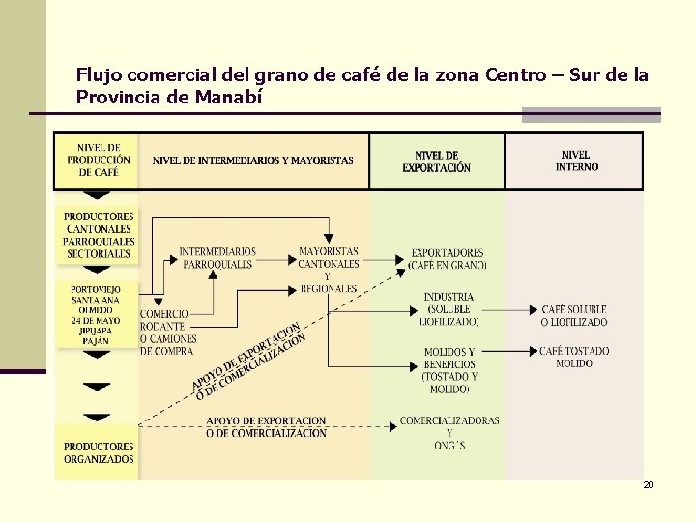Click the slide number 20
click(649, 484)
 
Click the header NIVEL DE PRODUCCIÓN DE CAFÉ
click(99, 160)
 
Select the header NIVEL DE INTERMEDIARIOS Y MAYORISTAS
click(253, 160)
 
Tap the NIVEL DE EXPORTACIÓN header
click(437, 161)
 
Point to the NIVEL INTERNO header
click(576, 160)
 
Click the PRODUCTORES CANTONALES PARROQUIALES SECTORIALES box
click(99, 235)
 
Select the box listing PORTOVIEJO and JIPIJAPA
click(96, 314)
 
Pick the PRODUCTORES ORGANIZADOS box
click(99, 452)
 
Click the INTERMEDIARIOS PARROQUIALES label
click(217, 258)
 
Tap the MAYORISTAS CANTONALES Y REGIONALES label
click(329, 269)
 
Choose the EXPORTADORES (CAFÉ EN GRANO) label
click(448, 258)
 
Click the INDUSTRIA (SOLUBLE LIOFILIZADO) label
click(449, 309)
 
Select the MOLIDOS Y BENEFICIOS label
click(449, 370)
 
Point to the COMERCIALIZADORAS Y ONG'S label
click(449, 433)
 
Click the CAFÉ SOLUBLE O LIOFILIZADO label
click(574, 315)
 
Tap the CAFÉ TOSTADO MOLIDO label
click(574, 357)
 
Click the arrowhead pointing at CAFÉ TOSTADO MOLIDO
click(532, 350)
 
